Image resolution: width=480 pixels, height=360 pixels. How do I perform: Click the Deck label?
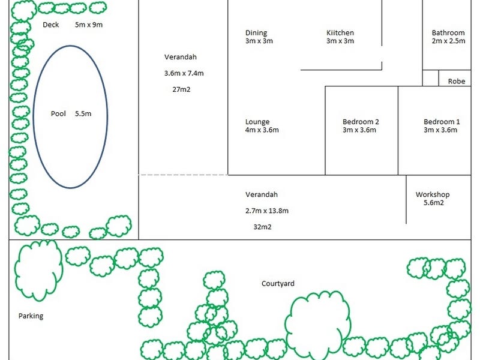click(51, 25)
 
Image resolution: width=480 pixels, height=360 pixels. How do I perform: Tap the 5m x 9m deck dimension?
click(89, 25)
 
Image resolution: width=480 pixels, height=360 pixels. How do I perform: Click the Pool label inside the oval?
click(58, 113)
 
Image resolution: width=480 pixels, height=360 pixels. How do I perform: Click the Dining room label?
click(256, 33)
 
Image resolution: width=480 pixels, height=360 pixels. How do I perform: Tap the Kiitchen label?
click(340, 33)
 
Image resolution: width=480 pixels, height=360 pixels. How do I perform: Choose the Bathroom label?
click(448, 33)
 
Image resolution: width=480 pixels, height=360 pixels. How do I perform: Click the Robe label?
click(457, 82)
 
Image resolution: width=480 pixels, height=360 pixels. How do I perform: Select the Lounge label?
click(257, 122)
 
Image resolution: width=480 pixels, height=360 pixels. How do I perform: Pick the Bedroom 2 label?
click(361, 122)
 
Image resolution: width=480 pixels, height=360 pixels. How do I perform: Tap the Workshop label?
click(433, 194)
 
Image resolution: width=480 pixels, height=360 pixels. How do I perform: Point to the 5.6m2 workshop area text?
click(431, 203)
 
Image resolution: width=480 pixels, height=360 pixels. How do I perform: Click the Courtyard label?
click(278, 284)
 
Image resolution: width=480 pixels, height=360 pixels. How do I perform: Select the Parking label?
click(31, 316)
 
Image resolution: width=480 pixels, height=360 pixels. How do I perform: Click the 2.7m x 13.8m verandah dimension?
click(267, 211)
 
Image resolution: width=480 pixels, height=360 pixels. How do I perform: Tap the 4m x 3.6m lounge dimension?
click(262, 130)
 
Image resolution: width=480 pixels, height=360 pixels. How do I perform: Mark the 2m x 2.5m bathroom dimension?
click(449, 41)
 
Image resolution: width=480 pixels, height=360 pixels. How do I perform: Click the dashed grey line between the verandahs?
click(183, 175)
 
